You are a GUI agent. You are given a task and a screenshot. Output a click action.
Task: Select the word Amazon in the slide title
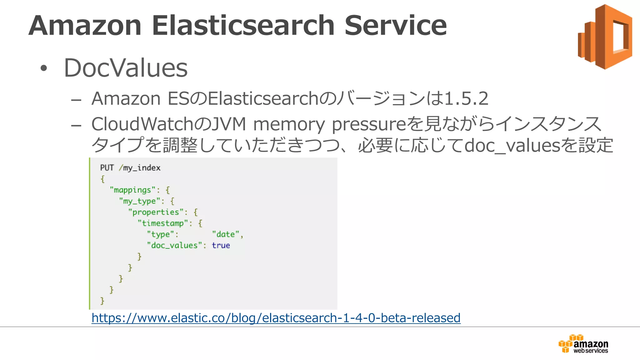click(85, 26)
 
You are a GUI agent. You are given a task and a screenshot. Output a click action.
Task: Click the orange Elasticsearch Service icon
click(605, 37)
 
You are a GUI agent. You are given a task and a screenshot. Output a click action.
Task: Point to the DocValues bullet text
click(126, 68)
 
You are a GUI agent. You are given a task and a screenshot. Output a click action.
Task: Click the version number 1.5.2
click(466, 99)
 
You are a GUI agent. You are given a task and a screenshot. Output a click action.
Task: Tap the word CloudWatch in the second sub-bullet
click(142, 124)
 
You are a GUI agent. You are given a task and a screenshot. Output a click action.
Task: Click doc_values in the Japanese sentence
click(512, 146)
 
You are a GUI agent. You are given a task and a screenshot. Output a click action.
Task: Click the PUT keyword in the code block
click(107, 168)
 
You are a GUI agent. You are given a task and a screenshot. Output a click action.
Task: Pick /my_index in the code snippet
click(140, 168)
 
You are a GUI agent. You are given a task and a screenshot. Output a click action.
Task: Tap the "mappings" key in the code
click(132, 190)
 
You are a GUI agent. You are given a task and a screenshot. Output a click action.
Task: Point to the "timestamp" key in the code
click(163, 223)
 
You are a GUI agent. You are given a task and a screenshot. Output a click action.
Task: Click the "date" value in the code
click(225, 234)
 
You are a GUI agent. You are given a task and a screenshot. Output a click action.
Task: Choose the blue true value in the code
click(221, 246)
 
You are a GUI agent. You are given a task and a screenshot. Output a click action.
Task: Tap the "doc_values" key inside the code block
click(174, 246)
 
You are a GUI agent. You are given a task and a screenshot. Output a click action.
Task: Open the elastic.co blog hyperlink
click(276, 318)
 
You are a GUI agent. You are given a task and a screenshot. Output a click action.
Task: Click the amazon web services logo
click(583, 344)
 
